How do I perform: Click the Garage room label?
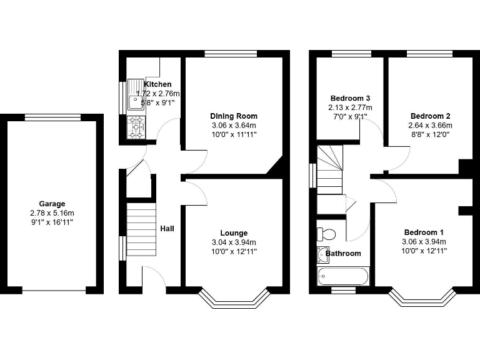[52, 204]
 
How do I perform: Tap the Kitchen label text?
[157, 84]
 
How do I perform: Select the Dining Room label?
[233, 116]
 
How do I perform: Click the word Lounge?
[233, 233]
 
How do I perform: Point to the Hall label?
[167, 229]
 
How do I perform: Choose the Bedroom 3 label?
[350, 99]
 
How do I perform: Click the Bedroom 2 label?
[431, 116]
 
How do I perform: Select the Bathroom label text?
[343, 253]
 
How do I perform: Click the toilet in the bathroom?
[326, 234]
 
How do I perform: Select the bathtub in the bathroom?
[343, 276]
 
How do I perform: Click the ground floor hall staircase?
[141, 229]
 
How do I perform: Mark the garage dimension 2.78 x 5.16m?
[52, 213]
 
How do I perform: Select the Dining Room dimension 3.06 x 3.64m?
[233, 125]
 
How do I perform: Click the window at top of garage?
[52, 117]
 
